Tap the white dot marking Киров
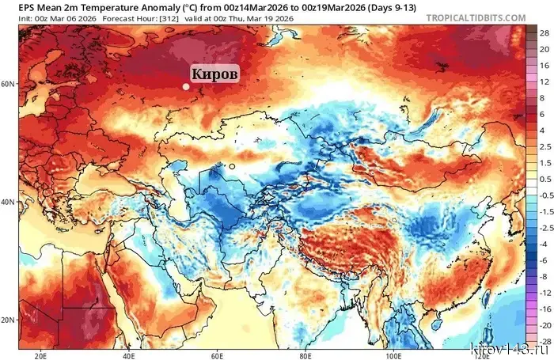[186, 87]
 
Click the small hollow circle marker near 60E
[232, 166]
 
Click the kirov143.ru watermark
[512, 349]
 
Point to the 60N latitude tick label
[9, 83]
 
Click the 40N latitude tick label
[9, 202]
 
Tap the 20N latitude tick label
[9, 320]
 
